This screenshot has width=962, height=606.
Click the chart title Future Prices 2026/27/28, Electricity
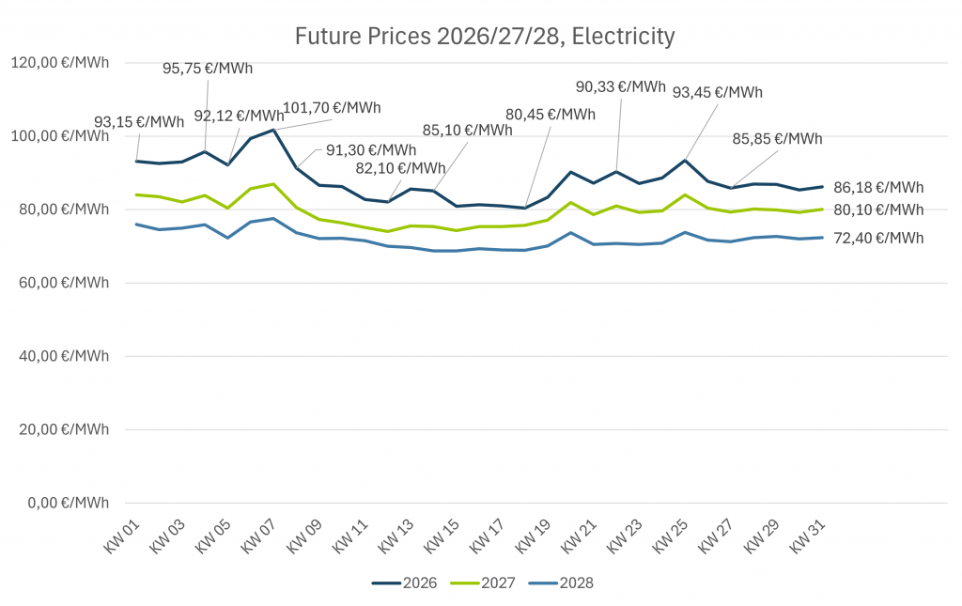pyautogui.click(x=485, y=37)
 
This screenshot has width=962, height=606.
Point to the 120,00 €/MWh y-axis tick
pyautogui.click(x=59, y=63)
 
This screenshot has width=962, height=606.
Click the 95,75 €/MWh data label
pyautogui.click(x=208, y=69)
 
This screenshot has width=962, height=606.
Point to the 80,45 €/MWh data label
pyautogui.click(x=551, y=115)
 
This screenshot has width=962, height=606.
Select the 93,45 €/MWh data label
pyautogui.click(x=718, y=92)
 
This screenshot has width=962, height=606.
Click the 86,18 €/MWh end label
pyautogui.click(x=878, y=187)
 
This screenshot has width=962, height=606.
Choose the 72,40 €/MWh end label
pyautogui.click(x=878, y=238)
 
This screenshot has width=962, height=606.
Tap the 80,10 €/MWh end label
pyautogui.click(x=878, y=210)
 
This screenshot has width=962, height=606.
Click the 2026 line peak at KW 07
pyautogui.click(x=273, y=130)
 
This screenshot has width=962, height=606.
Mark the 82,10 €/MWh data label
pyautogui.click(x=401, y=168)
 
